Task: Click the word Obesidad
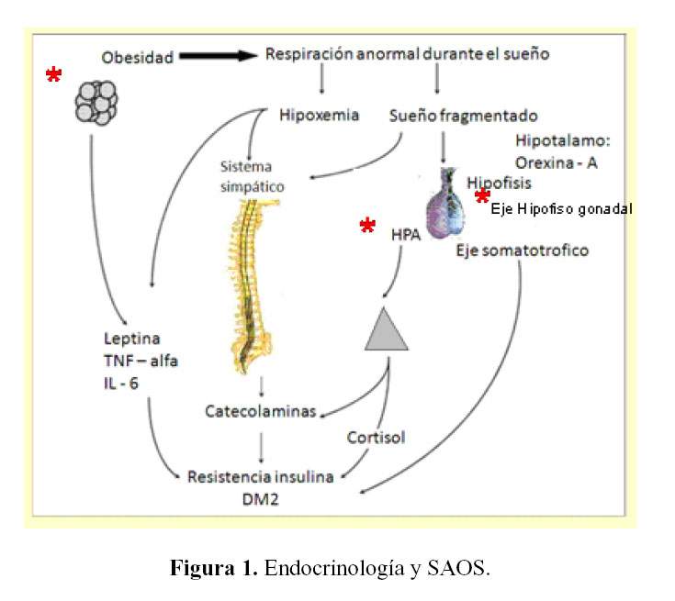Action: (x=137, y=58)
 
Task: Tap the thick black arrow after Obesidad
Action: (x=218, y=56)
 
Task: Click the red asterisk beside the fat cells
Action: (x=54, y=76)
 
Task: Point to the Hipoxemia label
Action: (x=319, y=116)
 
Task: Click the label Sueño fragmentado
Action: (x=463, y=117)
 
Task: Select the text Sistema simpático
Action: (x=252, y=176)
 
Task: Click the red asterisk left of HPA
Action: (x=367, y=227)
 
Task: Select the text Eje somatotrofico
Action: (x=523, y=250)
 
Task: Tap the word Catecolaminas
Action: (x=260, y=410)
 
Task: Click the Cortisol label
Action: (x=377, y=437)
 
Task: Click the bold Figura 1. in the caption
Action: (x=214, y=569)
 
